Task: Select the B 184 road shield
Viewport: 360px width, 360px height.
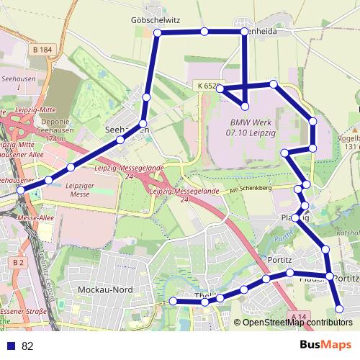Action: click(x=42, y=49)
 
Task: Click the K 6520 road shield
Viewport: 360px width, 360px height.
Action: click(x=206, y=86)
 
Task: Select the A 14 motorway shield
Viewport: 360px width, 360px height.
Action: click(x=300, y=316)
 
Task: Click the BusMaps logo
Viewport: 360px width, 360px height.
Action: click(x=326, y=345)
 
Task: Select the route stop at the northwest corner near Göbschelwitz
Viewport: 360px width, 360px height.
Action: click(x=157, y=33)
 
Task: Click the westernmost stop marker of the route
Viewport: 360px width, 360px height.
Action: click(x=21, y=190)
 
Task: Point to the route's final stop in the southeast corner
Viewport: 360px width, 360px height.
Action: click(x=340, y=310)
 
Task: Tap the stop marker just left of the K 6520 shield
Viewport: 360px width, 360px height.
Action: click(x=221, y=89)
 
